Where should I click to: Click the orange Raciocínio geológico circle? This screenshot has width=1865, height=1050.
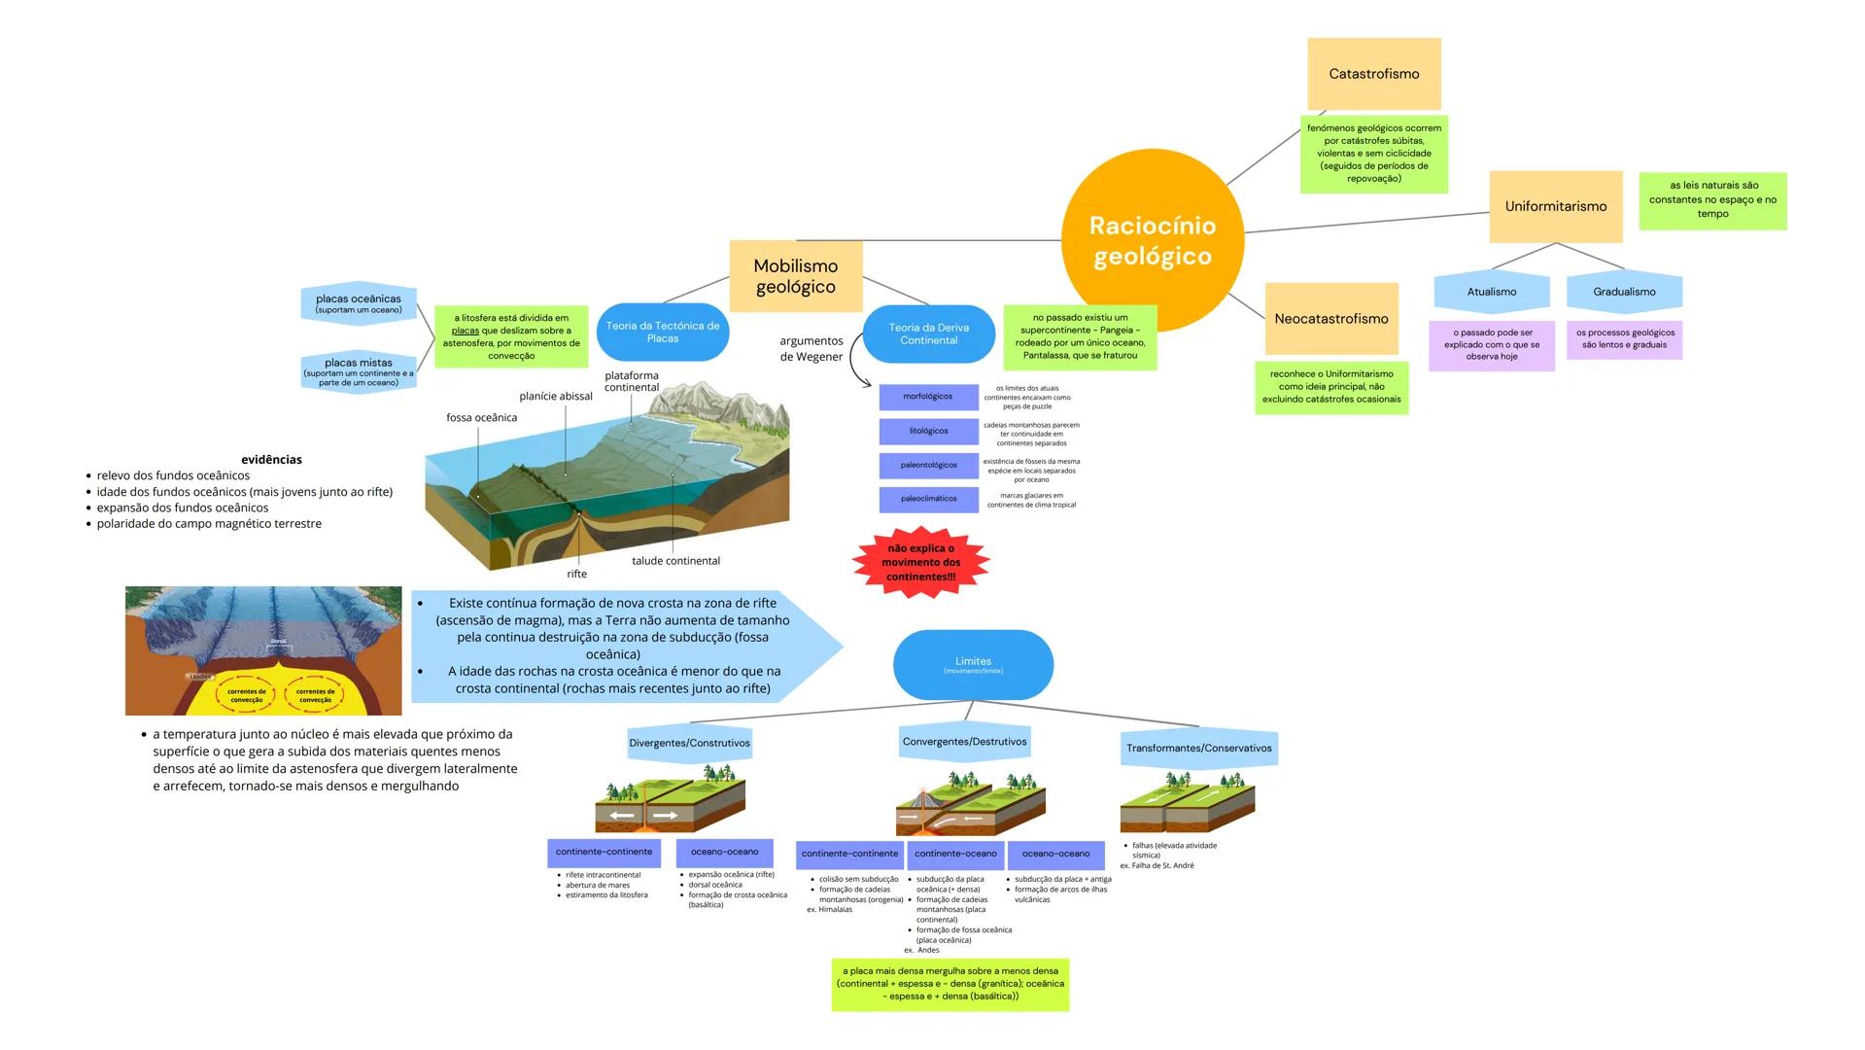[x=1152, y=240]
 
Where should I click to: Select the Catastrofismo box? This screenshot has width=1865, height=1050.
[x=1373, y=74]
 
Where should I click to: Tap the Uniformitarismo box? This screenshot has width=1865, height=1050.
[x=1555, y=206]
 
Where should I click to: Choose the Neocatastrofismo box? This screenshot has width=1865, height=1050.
[x=1330, y=319]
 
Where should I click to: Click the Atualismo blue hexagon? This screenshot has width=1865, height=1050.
[x=1491, y=292]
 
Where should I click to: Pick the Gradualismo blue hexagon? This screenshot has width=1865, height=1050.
[x=1623, y=292]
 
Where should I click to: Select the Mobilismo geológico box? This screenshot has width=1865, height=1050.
[x=795, y=276]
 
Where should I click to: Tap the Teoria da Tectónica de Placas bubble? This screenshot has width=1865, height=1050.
[x=662, y=332]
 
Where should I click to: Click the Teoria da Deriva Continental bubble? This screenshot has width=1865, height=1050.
[x=928, y=333]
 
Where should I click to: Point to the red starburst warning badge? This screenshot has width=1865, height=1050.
[x=920, y=563]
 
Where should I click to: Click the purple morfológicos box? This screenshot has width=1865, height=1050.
[x=927, y=397]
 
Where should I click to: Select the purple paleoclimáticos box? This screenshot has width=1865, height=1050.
[x=927, y=499]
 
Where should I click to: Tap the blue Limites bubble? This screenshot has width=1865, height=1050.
[x=973, y=665]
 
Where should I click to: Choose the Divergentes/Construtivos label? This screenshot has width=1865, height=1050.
[x=689, y=743]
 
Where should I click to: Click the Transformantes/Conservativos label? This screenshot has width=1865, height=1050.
[x=1198, y=748]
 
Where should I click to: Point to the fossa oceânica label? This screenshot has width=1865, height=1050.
[x=481, y=418]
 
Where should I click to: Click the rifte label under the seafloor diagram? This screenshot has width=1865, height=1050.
[x=576, y=574]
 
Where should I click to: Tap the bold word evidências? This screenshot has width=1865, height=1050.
[x=271, y=460]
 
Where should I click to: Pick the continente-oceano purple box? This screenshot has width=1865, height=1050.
[x=954, y=854]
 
